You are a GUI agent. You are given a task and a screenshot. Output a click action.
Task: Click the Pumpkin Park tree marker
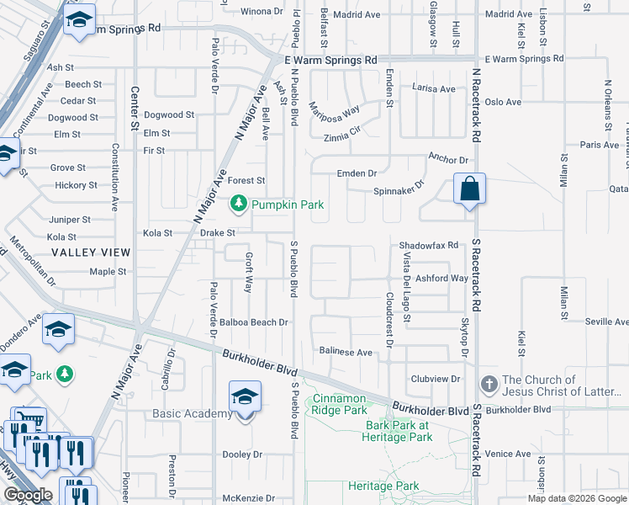point(240,203)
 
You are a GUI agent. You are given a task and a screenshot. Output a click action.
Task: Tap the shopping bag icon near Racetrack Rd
point(469,189)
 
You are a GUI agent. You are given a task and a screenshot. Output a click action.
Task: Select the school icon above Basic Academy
point(245,397)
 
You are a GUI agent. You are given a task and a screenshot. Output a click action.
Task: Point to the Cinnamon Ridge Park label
point(340,404)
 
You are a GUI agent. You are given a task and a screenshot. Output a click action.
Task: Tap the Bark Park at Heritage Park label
point(398,431)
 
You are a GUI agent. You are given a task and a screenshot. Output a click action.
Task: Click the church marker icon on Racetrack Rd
point(489,385)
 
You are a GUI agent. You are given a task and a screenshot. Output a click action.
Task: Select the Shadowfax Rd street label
point(428,245)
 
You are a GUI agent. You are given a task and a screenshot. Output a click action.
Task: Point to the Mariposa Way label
point(334,110)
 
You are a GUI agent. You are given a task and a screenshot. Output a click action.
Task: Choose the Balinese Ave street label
point(346,352)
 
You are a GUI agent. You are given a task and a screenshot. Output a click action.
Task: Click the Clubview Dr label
point(436,379)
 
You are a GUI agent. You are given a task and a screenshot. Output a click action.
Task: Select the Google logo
point(28,495)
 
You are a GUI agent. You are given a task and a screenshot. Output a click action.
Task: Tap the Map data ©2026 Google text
point(576,498)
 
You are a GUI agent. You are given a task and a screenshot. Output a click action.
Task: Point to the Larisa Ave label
point(433,89)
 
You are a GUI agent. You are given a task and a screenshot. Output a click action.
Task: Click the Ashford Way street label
point(441,279)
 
